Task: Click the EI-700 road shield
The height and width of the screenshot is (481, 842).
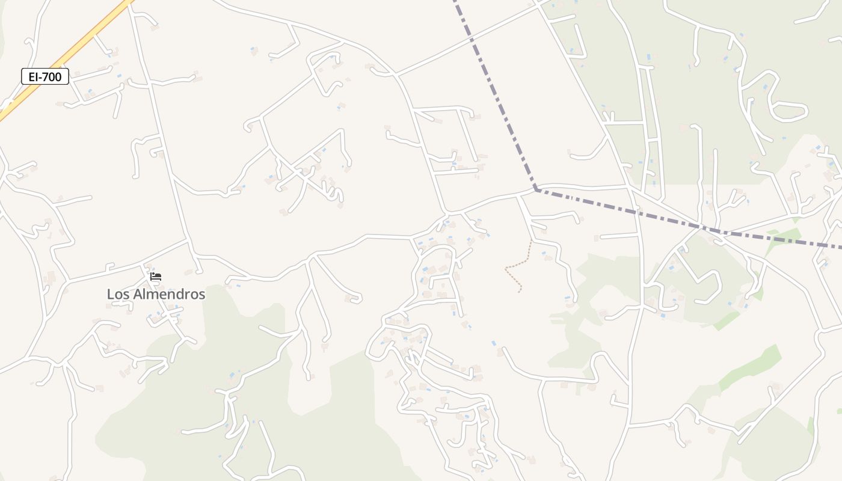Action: click(x=45, y=76)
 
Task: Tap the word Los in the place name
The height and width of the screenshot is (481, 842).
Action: click(x=118, y=295)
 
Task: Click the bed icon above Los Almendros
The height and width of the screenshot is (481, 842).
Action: click(x=156, y=277)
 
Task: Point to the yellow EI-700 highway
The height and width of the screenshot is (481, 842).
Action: click(x=90, y=36)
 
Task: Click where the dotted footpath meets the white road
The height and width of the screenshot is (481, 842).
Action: click(x=531, y=241)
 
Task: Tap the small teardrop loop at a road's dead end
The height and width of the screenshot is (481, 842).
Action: click(x=356, y=297)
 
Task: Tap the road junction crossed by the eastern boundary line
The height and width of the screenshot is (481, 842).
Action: click(x=699, y=227)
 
